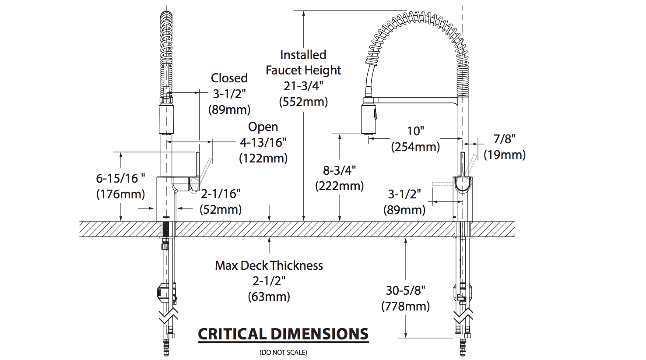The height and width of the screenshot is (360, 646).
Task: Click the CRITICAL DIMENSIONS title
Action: click(x=283, y=334)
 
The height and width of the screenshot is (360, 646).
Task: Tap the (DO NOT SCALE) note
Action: click(x=283, y=352)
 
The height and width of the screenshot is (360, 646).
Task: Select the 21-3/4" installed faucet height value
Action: click(x=303, y=86)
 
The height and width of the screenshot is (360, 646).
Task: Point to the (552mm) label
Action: click(x=303, y=102)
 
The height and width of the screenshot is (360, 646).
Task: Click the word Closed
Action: click(x=229, y=78)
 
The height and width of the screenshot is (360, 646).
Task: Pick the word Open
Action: click(x=263, y=127)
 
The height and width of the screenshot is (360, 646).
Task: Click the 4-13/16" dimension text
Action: click(x=263, y=142)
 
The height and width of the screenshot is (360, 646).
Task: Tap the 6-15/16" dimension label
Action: click(x=120, y=178)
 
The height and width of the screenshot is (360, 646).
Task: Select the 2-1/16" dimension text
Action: click(x=221, y=194)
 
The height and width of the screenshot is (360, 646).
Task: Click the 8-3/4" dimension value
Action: click(x=340, y=170)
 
